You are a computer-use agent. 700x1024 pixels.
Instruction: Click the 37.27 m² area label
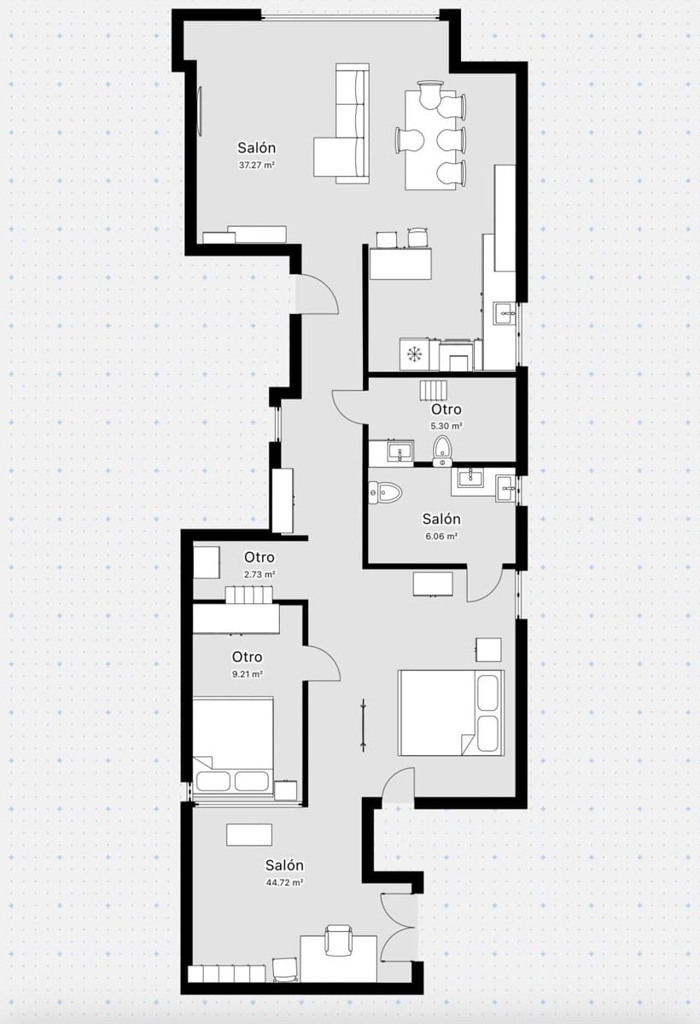coord(257,165)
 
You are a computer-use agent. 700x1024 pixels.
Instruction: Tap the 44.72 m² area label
coord(284,883)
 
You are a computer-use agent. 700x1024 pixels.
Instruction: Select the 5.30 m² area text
coord(446,425)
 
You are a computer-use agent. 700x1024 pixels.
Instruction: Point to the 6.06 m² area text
coord(441,536)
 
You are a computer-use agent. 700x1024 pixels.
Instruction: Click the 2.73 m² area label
coord(260,574)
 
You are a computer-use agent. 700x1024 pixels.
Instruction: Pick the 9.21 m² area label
coord(247,673)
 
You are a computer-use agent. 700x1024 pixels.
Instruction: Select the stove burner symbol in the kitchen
coord(416,353)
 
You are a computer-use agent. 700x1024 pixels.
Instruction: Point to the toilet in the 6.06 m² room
coord(386,492)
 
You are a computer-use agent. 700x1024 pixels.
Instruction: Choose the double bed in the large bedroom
coord(451,712)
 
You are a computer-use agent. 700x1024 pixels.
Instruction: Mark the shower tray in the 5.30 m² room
coord(433,392)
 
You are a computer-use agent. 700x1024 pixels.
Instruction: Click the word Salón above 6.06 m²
coord(441,519)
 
